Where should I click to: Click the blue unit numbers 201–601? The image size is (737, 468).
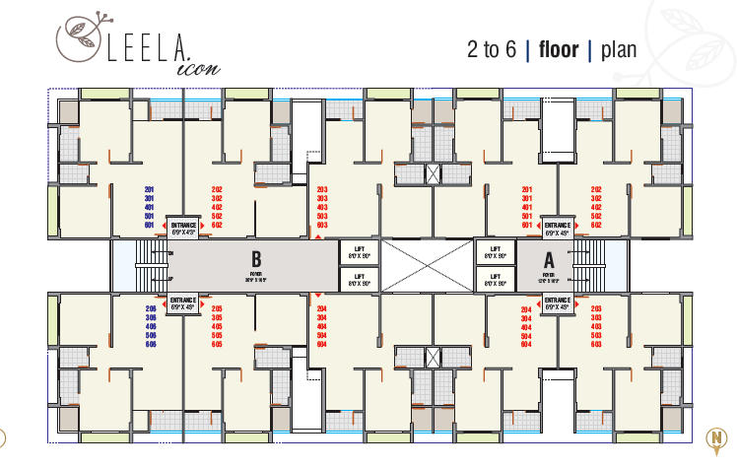click(151, 206)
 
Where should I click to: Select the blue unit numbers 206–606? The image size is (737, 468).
click(151, 325)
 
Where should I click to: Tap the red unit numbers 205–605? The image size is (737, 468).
click(217, 325)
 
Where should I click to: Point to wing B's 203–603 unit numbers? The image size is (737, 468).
click(321, 206)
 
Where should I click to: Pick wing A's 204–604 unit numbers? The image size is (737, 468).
click(526, 325)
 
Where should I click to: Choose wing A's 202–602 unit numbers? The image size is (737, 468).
click(596, 206)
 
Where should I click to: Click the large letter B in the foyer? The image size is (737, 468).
click(256, 262)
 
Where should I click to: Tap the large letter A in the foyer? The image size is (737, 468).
click(550, 260)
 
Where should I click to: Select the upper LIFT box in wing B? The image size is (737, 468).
click(359, 252)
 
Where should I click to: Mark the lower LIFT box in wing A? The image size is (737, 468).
click(495, 280)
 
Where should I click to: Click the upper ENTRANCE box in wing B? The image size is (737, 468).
click(183, 229)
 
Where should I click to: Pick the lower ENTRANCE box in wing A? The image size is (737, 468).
click(557, 303)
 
